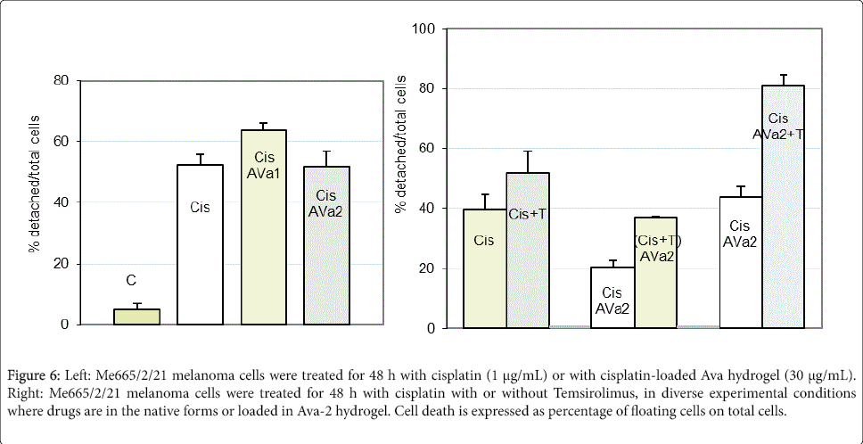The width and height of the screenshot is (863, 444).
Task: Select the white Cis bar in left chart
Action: (201, 245)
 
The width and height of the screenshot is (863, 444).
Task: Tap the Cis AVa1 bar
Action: (264, 227)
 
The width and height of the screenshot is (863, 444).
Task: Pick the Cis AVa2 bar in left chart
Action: (326, 245)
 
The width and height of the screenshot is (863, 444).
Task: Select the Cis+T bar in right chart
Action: (528, 251)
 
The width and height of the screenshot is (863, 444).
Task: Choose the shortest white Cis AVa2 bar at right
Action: (612, 298)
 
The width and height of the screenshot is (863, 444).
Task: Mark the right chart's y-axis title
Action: (400, 177)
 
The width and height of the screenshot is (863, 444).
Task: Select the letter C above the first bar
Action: (131, 281)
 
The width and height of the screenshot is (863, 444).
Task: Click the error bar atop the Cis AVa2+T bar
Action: (784, 79)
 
